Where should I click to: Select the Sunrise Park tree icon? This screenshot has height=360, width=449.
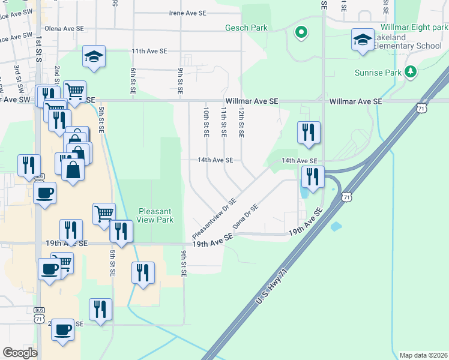(x=411, y=72)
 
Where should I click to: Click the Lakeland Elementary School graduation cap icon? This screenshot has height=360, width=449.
(x=363, y=40)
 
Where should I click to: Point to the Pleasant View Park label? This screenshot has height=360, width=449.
(x=156, y=215)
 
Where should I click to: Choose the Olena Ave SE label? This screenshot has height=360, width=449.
(x=64, y=28)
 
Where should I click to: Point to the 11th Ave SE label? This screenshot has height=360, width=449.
(x=149, y=51)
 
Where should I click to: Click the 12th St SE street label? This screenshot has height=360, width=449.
(x=241, y=122)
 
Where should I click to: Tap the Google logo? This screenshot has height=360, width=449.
(x=20, y=353)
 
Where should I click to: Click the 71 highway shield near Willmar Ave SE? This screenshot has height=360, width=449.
(x=421, y=108)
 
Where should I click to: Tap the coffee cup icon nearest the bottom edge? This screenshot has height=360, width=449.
(x=62, y=329)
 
